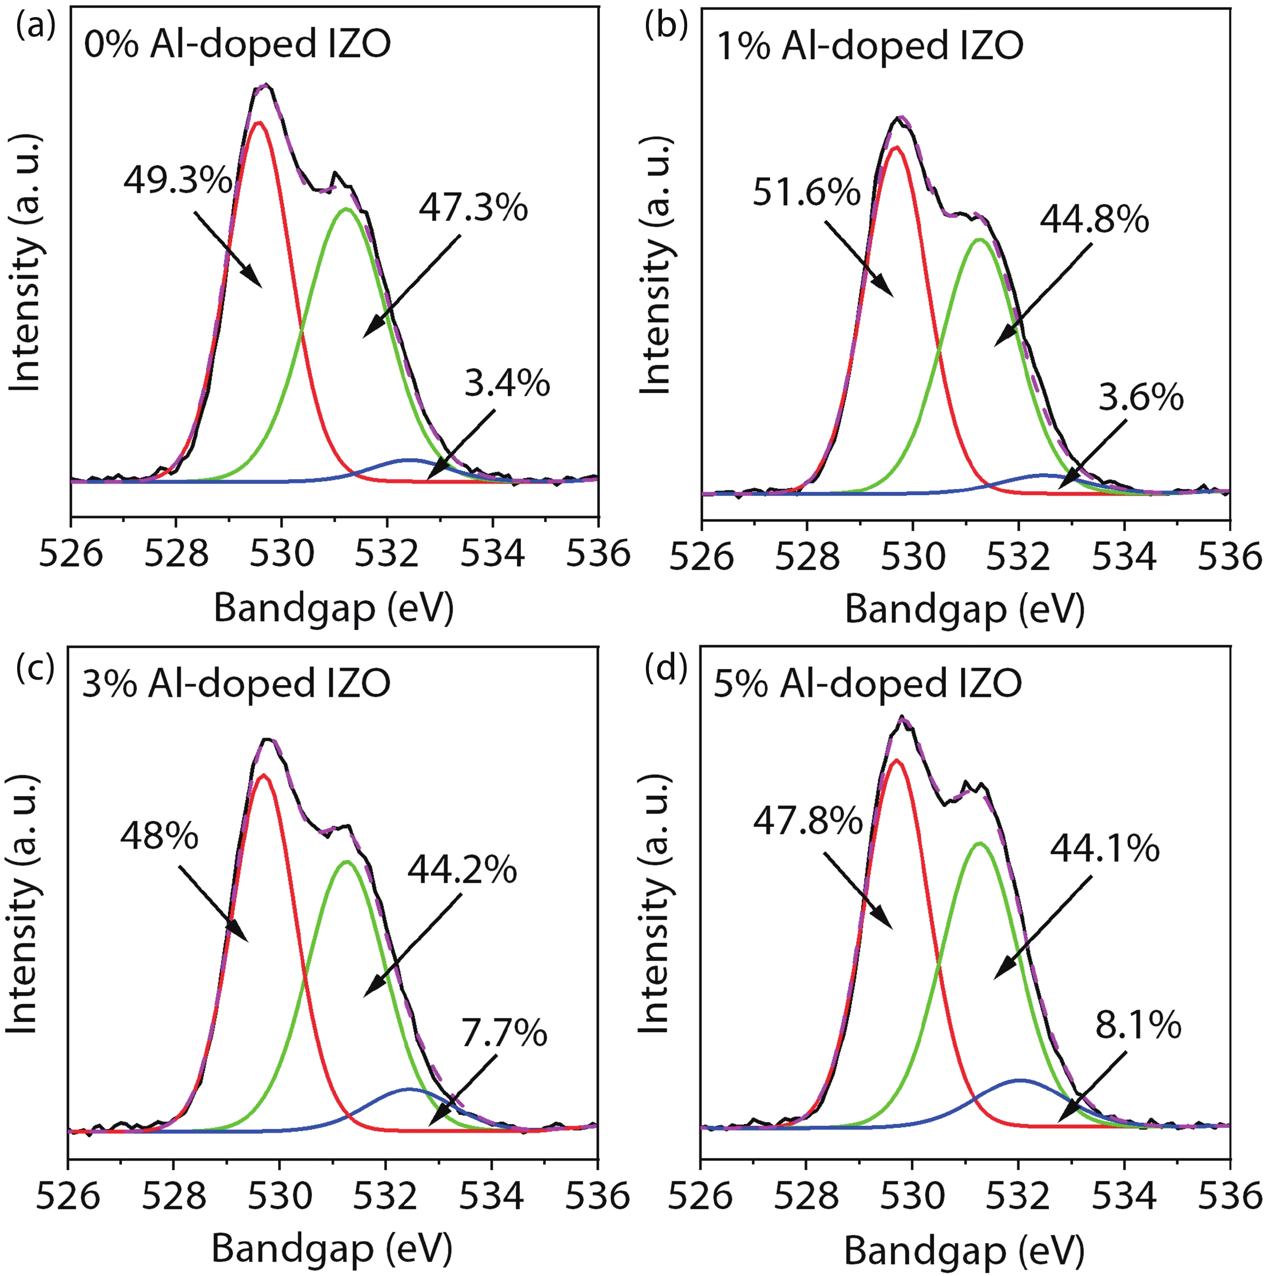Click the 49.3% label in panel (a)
[177, 180]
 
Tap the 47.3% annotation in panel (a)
[473, 208]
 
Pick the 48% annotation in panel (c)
[159, 836]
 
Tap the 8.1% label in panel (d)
[1138, 1026]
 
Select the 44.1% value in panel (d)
[1105, 849]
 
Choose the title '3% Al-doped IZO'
[236, 683]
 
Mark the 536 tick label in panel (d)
[1230, 1197]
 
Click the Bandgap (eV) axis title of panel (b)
[965, 609]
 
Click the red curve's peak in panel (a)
[259, 122]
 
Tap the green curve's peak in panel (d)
[979, 843]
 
